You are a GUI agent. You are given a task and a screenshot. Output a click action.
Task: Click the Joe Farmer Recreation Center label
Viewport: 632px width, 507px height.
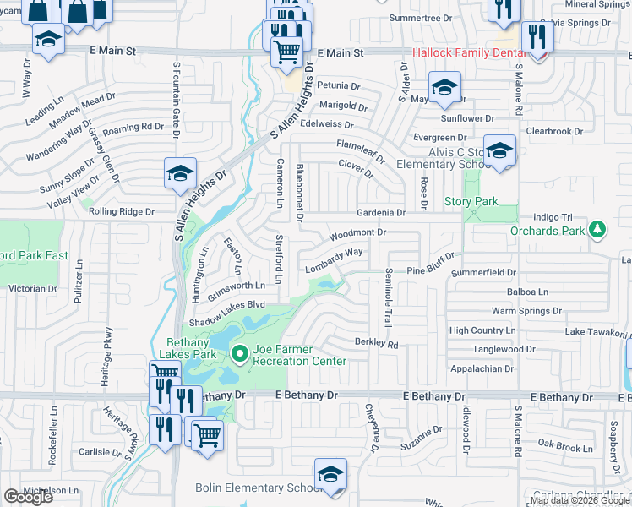(300, 356)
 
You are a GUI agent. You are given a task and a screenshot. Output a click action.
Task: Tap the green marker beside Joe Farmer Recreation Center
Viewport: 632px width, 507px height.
(239, 355)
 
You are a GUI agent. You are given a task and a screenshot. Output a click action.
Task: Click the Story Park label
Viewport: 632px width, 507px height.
(471, 202)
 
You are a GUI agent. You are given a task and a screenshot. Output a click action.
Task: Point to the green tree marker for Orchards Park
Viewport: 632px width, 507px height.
(598, 229)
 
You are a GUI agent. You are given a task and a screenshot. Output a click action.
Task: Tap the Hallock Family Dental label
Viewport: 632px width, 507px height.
(468, 53)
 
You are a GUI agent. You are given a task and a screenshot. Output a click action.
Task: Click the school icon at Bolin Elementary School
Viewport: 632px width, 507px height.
(330, 474)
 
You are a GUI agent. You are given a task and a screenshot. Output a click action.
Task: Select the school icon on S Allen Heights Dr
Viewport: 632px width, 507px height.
(181, 173)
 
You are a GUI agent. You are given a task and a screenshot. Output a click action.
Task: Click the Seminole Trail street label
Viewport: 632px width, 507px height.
(388, 293)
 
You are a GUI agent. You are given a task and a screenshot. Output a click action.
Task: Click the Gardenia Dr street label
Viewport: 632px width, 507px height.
(381, 213)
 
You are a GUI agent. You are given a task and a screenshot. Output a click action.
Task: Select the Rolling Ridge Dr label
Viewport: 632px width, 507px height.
(122, 212)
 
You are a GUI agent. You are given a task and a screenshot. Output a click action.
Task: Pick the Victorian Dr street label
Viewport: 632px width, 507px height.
(32, 289)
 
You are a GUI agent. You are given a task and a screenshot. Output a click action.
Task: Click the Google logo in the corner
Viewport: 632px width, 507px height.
(28, 497)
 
